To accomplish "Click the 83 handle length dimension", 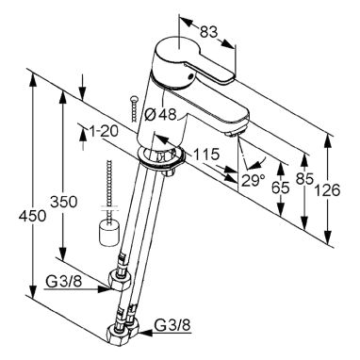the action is tap(209, 31).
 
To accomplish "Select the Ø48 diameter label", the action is tap(160, 115).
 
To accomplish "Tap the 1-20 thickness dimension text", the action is tap(104, 131).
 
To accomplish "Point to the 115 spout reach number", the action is tap(205, 155).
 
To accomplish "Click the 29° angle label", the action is tap(254, 180).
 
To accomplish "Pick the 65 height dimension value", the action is tap(280, 188).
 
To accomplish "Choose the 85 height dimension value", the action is tap(304, 179).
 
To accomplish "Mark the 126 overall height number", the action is tap(327, 190).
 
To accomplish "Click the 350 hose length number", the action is tap(64, 202).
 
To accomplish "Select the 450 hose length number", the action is tap(32, 216).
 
